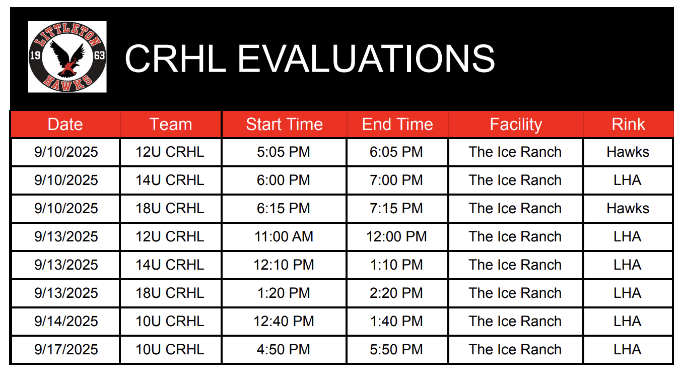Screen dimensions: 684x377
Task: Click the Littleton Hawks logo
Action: click(x=67, y=57)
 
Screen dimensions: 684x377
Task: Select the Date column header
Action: click(x=65, y=124)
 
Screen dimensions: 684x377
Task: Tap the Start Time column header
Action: click(x=284, y=124)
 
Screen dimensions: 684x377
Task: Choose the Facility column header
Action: click(x=516, y=125)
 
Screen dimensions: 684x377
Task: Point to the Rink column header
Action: click(x=628, y=124)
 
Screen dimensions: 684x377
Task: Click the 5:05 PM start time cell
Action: click(x=284, y=152)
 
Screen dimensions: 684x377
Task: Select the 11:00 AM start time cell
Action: click(x=284, y=237)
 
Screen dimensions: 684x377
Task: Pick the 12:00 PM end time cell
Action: click(x=396, y=237)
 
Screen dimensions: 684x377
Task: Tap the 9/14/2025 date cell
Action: click(x=66, y=322)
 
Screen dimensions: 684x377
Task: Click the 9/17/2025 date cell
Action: click(x=66, y=349)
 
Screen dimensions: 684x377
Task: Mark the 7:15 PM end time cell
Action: click(x=396, y=209)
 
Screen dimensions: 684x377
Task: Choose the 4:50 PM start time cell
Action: click(x=284, y=349)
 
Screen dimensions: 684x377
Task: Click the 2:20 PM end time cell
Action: click(x=396, y=293)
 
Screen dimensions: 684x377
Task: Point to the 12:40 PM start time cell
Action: click(x=284, y=322)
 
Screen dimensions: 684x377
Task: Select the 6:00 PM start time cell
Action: click(x=284, y=180)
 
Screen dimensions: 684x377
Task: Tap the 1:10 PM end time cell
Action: click(x=396, y=265)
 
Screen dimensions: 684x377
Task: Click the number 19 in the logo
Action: click(x=35, y=55)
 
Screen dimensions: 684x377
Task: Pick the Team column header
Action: click(x=171, y=124)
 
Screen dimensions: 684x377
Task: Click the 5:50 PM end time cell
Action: click(x=396, y=349)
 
